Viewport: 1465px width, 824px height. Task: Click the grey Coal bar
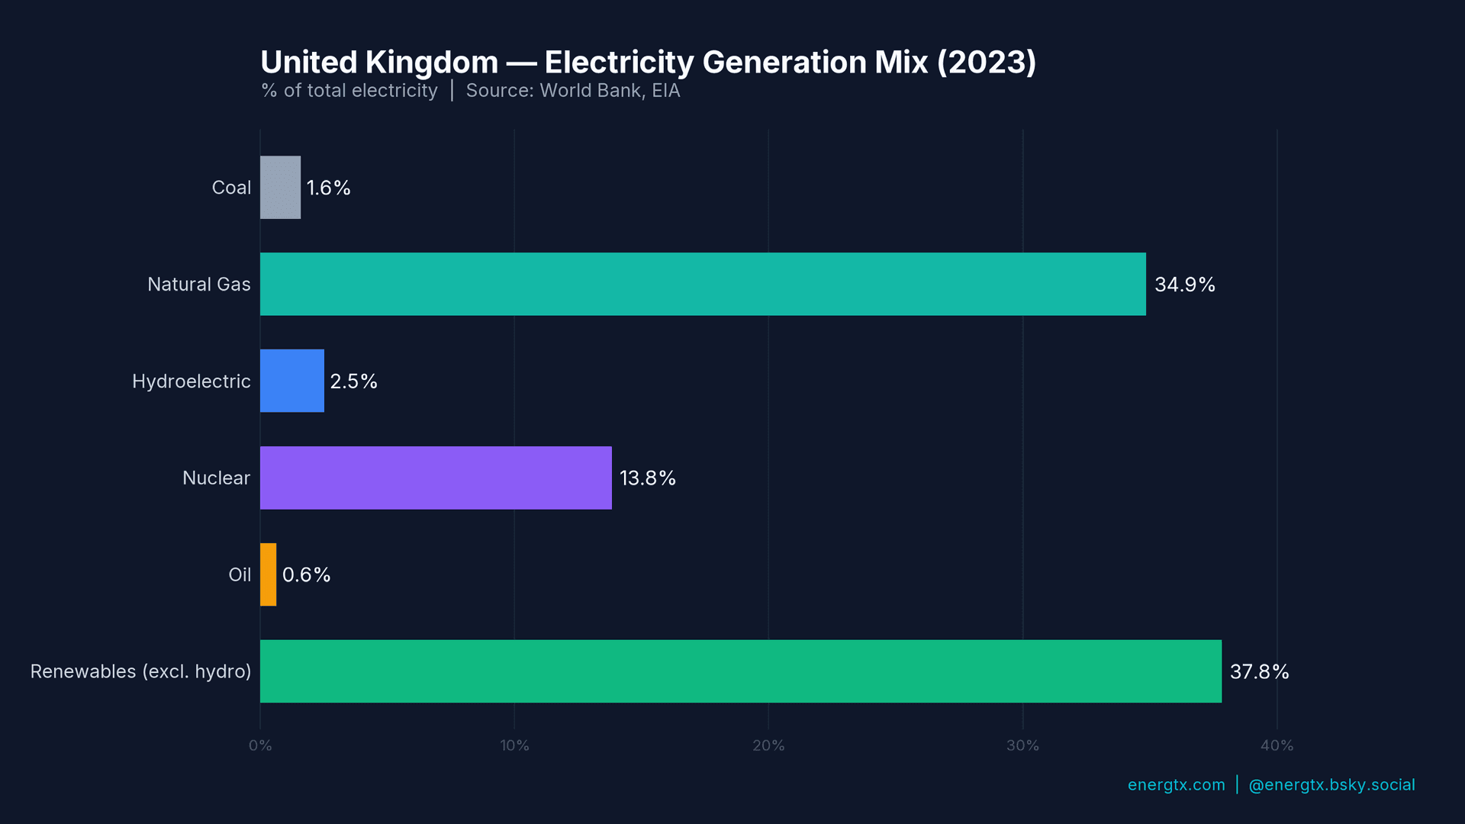pyautogui.click(x=280, y=188)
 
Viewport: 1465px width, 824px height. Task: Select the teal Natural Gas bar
pyautogui.click(x=702, y=284)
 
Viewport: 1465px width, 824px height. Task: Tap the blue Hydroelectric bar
pyautogui.click(x=291, y=381)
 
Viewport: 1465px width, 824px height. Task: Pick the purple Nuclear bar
pyautogui.click(x=435, y=478)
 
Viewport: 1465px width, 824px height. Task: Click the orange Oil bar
pyautogui.click(x=268, y=575)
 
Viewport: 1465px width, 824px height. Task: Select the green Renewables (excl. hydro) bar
pyautogui.click(x=740, y=671)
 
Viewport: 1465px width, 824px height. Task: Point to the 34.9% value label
pyautogui.click(x=1184, y=285)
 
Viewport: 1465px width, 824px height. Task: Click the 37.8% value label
pyautogui.click(x=1259, y=671)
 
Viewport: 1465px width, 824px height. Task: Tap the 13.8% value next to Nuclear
pyautogui.click(x=647, y=478)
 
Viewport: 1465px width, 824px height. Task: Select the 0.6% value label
pyautogui.click(x=306, y=575)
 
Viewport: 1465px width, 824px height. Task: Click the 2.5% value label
pyautogui.click(x=353, y=381)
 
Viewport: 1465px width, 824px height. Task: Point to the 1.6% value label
pyautogui.click(x=328, y=188)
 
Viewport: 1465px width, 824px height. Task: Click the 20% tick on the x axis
pyautogui.click(x=768, y=745)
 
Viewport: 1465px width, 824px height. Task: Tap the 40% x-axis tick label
pyautogui.click(x=1277, y=745)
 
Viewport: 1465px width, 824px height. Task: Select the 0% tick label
pyautogui.click(x=260, y=745)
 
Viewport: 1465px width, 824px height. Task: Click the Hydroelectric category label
pyautogui.click(x=191, y=381)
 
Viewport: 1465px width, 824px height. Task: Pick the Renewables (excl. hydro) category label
pyautogui.click(x=140, y=671)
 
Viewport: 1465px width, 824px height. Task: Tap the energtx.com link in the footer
pyautogui.click(x=1176, y=784)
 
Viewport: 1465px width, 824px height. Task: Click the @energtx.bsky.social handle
pyautogui.click(x=1331, y=784)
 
